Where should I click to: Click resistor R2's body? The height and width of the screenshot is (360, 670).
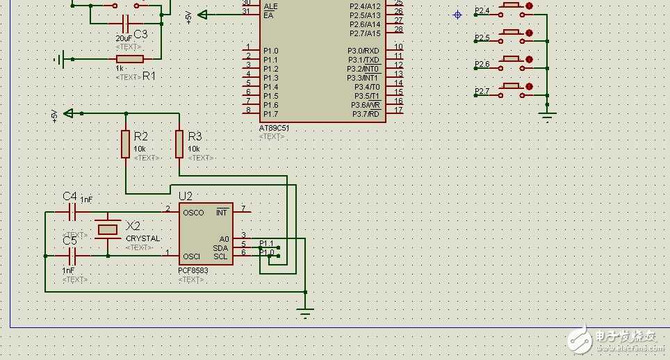(126, 144)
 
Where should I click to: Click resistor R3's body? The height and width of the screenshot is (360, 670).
(179, 144)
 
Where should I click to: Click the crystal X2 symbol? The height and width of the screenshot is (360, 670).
(108, 229)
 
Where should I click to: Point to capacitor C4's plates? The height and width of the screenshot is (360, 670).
(72, 212)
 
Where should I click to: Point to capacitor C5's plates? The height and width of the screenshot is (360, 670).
(72, 256)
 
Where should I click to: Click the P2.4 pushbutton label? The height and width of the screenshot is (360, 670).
(482, 11)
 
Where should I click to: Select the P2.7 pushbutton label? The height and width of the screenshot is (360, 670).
(482, 92)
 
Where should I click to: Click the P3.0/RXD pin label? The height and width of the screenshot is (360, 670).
(363, 51)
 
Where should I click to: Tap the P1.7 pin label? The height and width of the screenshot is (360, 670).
(270, 114)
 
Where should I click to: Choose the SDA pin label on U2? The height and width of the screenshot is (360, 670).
(220, 247)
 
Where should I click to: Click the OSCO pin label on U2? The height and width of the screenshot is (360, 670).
(193, 213)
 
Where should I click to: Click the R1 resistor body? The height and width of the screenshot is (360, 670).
(130, 60)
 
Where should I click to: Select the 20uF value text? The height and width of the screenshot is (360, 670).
(124, 38)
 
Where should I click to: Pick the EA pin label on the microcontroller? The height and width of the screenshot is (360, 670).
(268, 15)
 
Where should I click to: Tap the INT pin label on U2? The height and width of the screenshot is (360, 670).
(222, 212)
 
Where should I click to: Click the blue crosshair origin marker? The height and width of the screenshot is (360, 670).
(457, 15)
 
